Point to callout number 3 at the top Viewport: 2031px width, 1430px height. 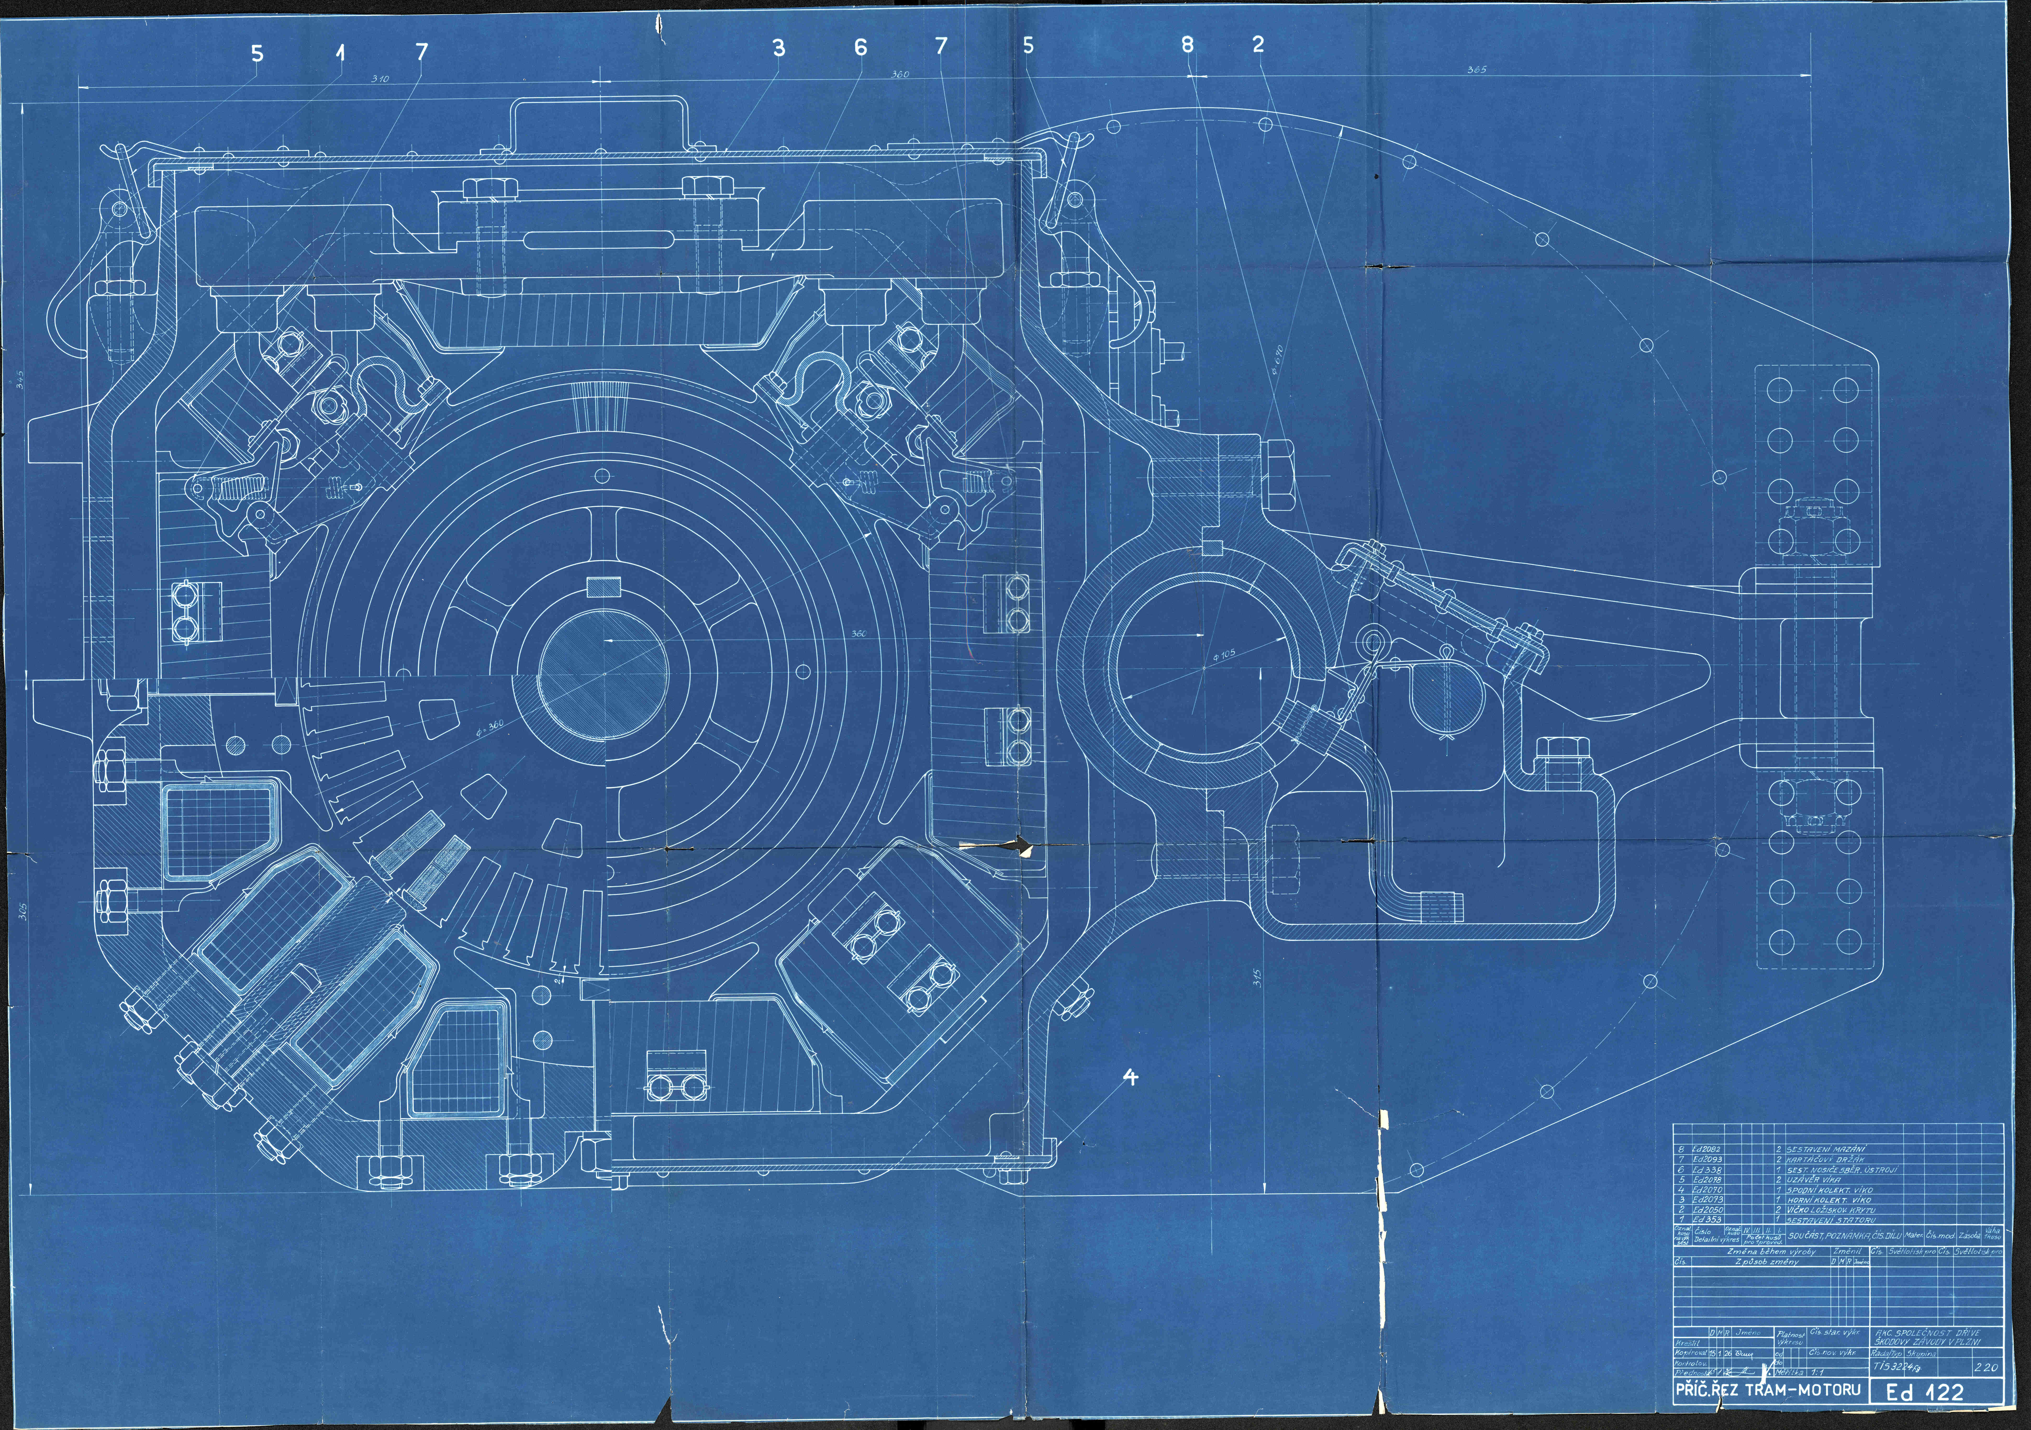[x=778, y=48]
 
